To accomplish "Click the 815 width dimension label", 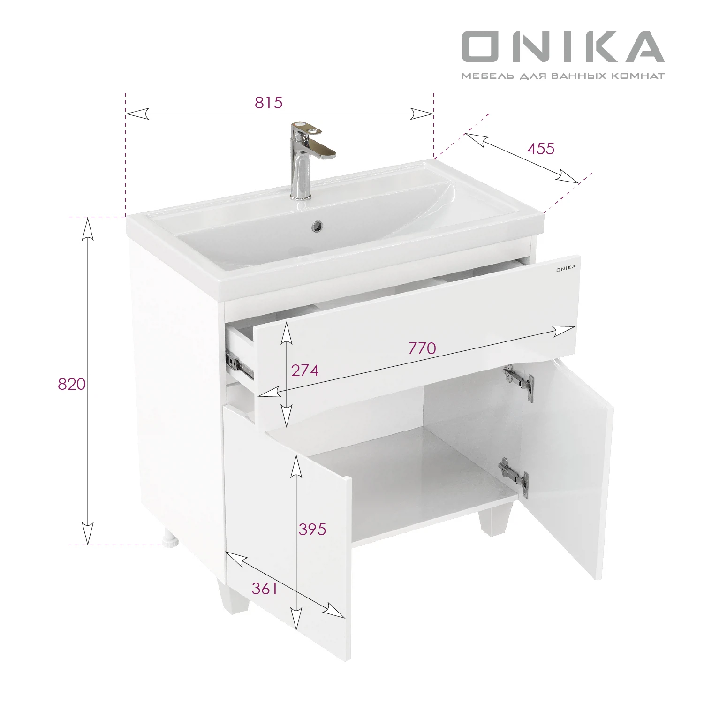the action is pos(269,102).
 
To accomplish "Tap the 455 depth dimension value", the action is pos(541,148).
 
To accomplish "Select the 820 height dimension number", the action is pos(72,384).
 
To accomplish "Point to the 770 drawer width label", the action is pos(422,348).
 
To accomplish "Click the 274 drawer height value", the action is pos(305,371).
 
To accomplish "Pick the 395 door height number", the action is pos(312,529).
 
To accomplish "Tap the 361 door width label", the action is pos(265,588).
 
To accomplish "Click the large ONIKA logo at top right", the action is pos(563,46).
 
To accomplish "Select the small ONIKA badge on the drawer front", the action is pos(566,269).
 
